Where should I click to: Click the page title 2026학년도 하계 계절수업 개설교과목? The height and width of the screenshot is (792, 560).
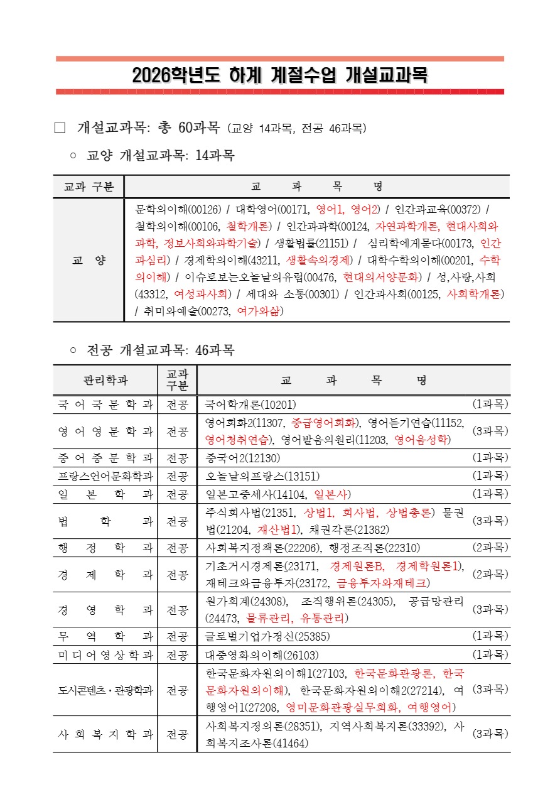pos(280,76)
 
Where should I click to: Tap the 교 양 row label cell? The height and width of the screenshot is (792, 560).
pos(88,260)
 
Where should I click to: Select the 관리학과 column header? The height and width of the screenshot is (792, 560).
pos(105,380)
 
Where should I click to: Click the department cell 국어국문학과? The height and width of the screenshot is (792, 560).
pos(105,404)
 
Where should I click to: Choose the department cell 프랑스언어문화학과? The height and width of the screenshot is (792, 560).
pos(105,476)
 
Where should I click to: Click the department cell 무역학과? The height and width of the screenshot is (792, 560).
pos(105,636)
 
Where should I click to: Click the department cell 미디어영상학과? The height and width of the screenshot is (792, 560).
pos(105,654)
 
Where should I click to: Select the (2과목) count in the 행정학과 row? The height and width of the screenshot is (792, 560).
pos(490,547)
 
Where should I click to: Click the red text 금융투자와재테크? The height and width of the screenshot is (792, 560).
pos(382,583)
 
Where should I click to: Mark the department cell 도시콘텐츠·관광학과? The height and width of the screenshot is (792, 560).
pos(105,690)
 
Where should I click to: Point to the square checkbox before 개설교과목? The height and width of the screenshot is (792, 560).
pos(60,128)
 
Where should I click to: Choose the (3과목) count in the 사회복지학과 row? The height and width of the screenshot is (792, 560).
pos(490,734)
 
